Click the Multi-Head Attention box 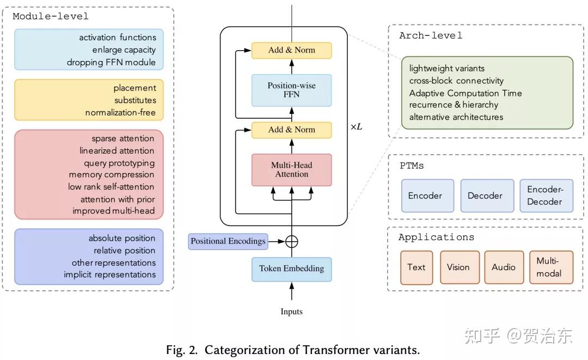click(291, 169)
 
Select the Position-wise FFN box click(291, 90)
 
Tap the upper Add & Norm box click(291, 50)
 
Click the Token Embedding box click(291, 269)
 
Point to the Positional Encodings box click(228, 241)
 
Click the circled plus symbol click(292, 241)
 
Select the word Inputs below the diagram click(291, 312)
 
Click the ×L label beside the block click(356, 127)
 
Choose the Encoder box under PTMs click(427, 196)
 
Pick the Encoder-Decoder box click(546, 196)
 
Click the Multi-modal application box click(550, 267)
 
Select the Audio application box click(504, 267)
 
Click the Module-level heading click(50, 16)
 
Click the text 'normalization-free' click(120, 113)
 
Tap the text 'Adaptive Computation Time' click(465, 93)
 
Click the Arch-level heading click(430, 35)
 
